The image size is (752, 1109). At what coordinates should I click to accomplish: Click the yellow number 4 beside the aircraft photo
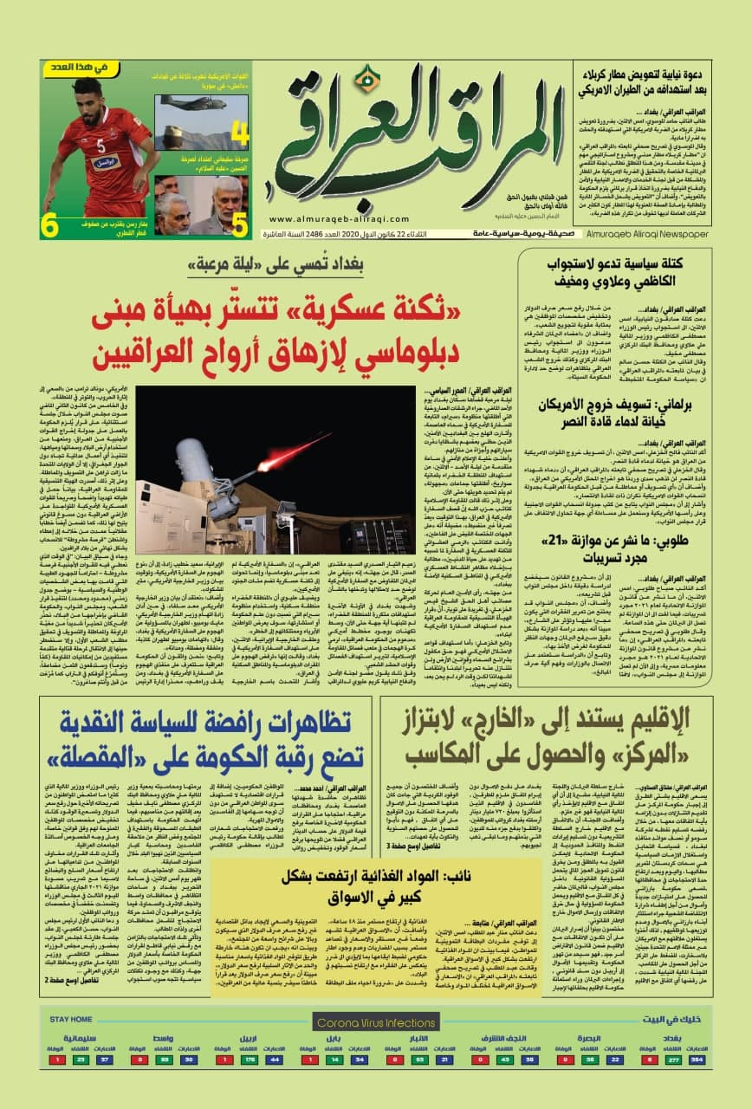pyautogui.click(x=240, y=135)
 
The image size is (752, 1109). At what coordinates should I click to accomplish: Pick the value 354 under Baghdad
pyautogui.click(x=697, y=1060)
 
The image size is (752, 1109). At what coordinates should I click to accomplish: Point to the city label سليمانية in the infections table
pyautogui.click(x=80, y=1037)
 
